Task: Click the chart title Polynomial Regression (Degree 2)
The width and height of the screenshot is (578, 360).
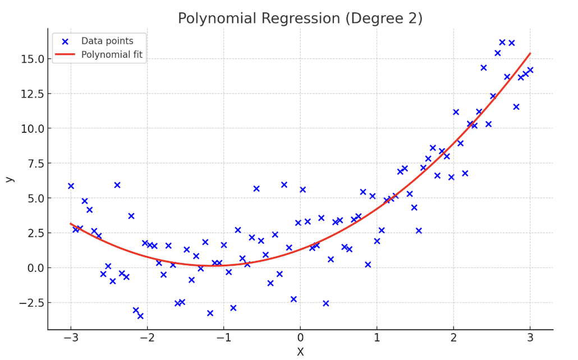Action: (x=300, y=19)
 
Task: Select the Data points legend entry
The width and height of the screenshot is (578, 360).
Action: (x=107, y=41)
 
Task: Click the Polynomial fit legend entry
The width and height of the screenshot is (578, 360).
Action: (x=112, y=54)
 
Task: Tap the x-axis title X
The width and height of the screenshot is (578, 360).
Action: (x=300, y=352)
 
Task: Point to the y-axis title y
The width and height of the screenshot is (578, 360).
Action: (x=9, y=179)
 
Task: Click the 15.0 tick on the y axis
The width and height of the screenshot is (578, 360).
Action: (x=29, y=59)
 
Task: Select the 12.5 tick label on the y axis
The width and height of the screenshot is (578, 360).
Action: (x=29, y=94)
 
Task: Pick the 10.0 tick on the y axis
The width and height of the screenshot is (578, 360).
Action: (x=29, y=128)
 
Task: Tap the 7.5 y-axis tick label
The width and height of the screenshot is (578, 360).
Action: (x=32, y=163)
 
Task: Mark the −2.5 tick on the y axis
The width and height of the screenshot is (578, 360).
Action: (x=27, y=303)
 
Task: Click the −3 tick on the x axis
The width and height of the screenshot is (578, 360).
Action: (x=71, y=338)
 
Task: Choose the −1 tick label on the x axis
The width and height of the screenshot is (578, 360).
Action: (x=224, y=338)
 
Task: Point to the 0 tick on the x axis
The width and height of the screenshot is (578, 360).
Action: (x=300, y=338)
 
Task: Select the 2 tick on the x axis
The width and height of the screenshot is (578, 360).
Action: (x=453, y=338)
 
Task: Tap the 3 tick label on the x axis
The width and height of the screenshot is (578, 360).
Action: (x=530, y=338)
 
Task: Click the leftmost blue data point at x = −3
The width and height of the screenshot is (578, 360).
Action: (x=71, y=186)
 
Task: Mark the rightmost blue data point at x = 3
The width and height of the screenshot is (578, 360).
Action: (x=530, y=70)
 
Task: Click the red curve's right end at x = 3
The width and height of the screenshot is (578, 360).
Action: (x=530, y=54)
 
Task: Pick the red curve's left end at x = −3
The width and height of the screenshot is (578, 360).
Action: (x=71, y=224)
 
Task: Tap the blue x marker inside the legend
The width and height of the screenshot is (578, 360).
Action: (x=65, y=41)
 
